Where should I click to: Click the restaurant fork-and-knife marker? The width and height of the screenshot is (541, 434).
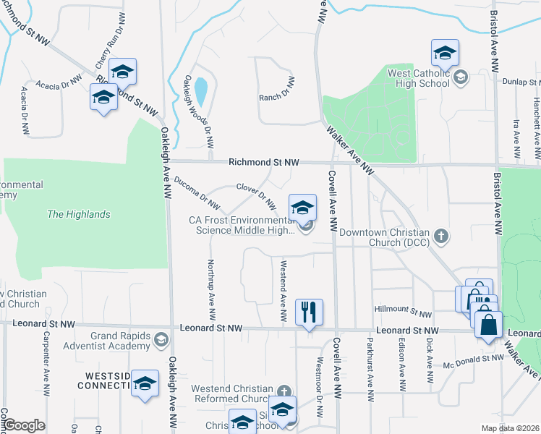click(309, 312)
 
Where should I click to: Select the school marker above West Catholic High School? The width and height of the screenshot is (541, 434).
click(445, 53)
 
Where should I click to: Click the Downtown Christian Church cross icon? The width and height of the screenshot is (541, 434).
click(440, 236)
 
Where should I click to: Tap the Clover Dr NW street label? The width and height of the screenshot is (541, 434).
click(256, 195)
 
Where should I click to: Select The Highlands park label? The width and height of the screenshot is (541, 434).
click(78, 214)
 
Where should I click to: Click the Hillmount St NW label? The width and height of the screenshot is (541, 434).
click(403, 310)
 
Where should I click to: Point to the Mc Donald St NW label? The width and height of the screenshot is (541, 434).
click(474, 359)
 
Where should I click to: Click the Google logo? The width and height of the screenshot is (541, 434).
click(25, 425)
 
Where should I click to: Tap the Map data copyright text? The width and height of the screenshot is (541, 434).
click(511, 428)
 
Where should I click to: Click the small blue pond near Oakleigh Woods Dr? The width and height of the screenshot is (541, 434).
click(200, 91)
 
